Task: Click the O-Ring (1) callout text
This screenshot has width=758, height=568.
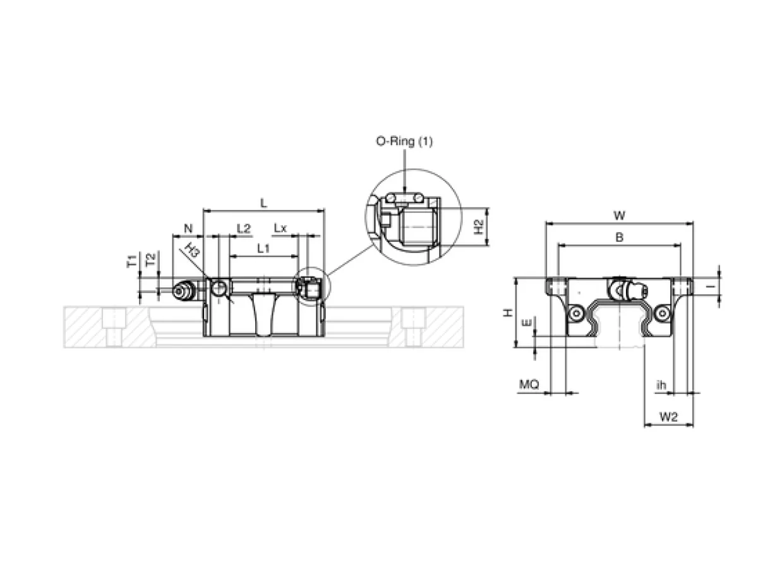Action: (x=404, y=141)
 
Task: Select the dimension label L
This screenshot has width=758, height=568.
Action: (x=263, y=203)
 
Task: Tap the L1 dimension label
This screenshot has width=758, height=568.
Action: (x=263, y=247)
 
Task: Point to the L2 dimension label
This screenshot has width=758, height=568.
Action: (x=244, y=228)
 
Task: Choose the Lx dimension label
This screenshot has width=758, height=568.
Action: (x=280, y=228)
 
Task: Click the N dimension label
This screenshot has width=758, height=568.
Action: (x=188, y=228)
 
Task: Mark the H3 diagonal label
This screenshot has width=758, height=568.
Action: (x=192, y=250)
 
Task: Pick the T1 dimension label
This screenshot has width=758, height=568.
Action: (x=131, y=261)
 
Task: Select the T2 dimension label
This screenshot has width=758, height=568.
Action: (x=151, y=259)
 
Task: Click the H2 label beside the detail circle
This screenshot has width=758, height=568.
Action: (x=479, y=227)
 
